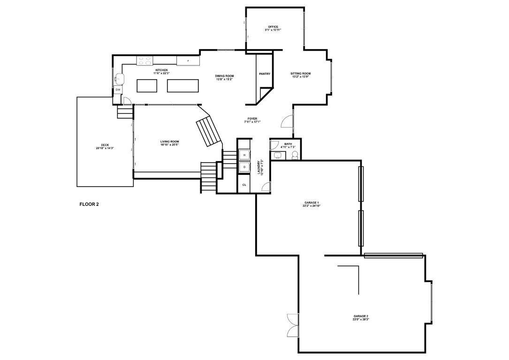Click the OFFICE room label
click(273, 27)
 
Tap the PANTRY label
click(265, 74)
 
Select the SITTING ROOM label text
click(301, 74)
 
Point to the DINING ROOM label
click(225, 76)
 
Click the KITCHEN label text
click(161, 70)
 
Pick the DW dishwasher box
click(118, 90)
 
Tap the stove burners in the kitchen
click(144, 60)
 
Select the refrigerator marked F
click(188, 61)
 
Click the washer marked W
click(244, 155)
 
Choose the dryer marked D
click(244, 167)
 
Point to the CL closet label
click(244, 185)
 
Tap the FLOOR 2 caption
click(89, 204)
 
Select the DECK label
click(105, 145)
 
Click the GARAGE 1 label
click(311, 202)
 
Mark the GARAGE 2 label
click(361, 316)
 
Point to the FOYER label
click(252, 119)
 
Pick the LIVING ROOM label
click(169, 142)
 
